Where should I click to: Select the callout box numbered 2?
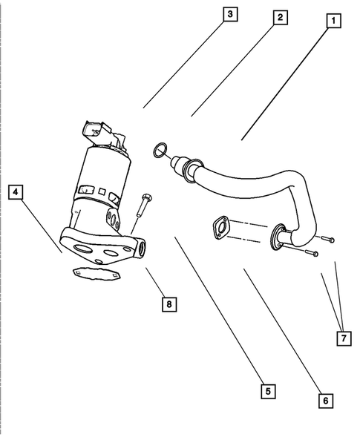pyautogui.click(x=279, y=17)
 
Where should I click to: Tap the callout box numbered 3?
pyautogui.click(x=230, y=14)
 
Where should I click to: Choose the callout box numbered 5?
pyautogui.click(x=264, y=390)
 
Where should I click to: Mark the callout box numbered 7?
pyautogui.click(x=343, y=338)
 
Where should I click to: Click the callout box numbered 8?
pyautogui.click(x=169, y=303)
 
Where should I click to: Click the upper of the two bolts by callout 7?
pyautogui.click(x=327, y=239)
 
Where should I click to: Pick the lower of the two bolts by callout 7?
pyautogui.click(x=309, y=253)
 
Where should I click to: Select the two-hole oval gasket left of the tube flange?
pyautogui.click(x=219, y=227)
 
